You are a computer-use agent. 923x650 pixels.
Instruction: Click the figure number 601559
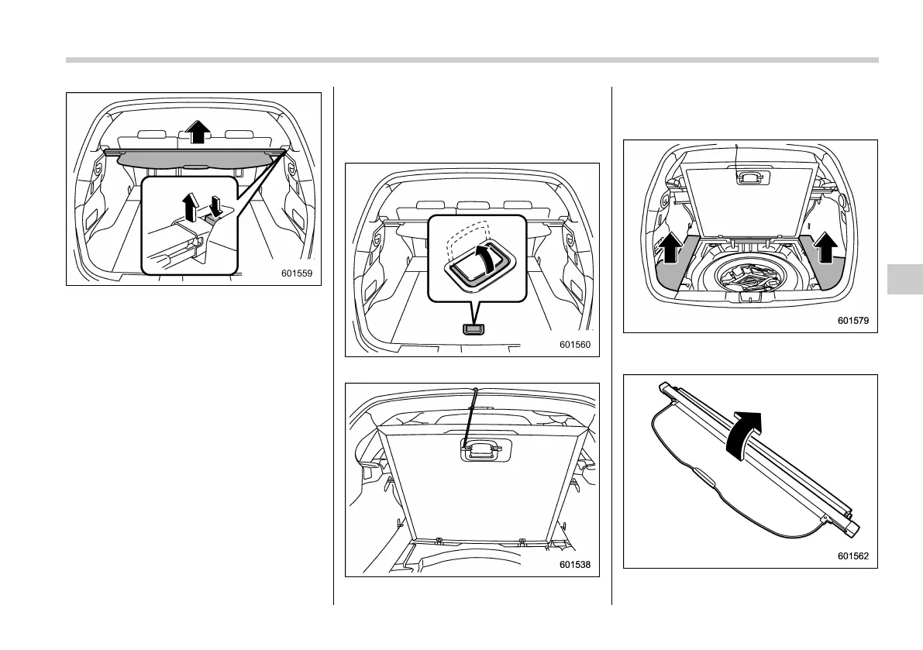click(298, 272)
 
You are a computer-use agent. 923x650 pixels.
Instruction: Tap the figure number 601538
click(574, 565)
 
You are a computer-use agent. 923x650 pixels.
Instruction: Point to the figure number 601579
click(852, 320)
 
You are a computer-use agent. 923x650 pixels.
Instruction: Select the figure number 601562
click(852, 555)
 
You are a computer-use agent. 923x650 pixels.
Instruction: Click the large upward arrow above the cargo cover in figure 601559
click(198, 132)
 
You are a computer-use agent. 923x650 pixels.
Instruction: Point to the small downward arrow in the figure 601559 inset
click(216, 205)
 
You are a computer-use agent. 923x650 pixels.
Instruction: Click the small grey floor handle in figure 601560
click(474, 328)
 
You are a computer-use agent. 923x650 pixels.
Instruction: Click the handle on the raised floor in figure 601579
click(749, 177)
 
